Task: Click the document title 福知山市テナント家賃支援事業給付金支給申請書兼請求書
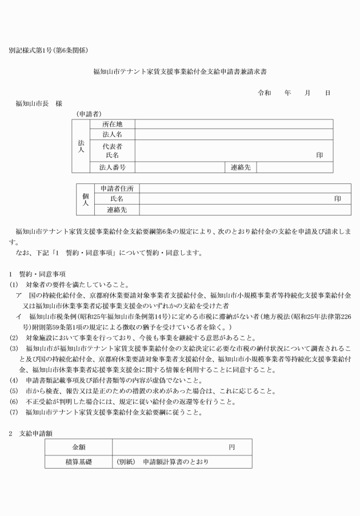[180, 73]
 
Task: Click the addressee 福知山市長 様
[39, 103]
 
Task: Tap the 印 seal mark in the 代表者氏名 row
[320, 155]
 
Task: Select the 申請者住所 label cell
[117, 189]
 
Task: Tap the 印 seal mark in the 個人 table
[338, 199]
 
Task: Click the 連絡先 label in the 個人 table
[117, 210]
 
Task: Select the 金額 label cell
[78, 447]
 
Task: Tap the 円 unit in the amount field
[231, 447]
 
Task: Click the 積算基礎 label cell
[78, 461]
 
